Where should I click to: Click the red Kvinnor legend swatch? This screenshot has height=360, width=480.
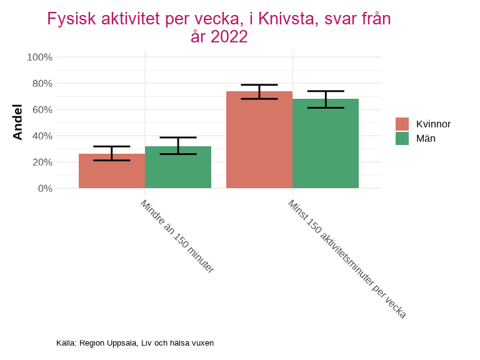point(402,124)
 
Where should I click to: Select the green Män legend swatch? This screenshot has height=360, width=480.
point(402,138)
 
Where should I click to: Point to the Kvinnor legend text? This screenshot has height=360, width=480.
point(433,124)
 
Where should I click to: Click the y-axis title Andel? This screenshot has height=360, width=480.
point(17,122)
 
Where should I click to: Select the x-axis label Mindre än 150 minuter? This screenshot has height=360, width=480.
point(177,237)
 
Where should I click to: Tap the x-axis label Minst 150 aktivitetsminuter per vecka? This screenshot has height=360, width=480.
point(347,259)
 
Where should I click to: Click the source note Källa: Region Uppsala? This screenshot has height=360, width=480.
point(135,343)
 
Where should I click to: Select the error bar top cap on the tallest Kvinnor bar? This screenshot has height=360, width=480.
point(259,85)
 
